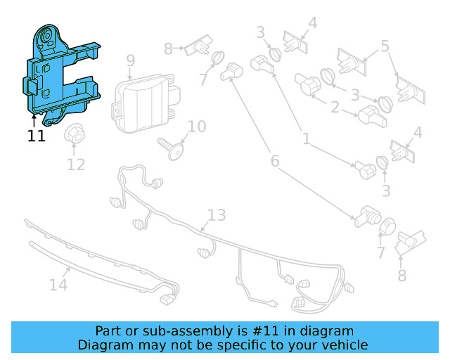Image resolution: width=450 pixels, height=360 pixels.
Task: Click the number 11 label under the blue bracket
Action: tap(37, 136)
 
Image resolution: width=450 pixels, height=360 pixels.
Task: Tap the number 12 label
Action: tap(76, 165)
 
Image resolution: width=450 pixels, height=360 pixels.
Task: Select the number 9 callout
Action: tap(130, 61)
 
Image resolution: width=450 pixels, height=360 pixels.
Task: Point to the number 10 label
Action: tap(197, 127)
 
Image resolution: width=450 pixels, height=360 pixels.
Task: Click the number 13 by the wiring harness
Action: tap(217, 214)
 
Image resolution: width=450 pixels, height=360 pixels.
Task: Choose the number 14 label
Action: tap(58, 285)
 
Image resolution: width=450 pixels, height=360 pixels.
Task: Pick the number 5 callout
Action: tap(385, 46)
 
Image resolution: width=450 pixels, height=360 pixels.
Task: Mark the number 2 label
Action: tap(335, 108)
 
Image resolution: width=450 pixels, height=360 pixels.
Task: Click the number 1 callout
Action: tap(306, 139)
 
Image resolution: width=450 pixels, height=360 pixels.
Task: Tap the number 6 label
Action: tap(274, 161)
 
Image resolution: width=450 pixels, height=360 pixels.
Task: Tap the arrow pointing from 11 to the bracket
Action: tap(33, 120)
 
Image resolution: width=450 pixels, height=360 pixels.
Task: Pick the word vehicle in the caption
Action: tap(345, 345)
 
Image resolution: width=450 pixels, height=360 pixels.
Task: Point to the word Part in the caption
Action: tap(108, 330)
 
